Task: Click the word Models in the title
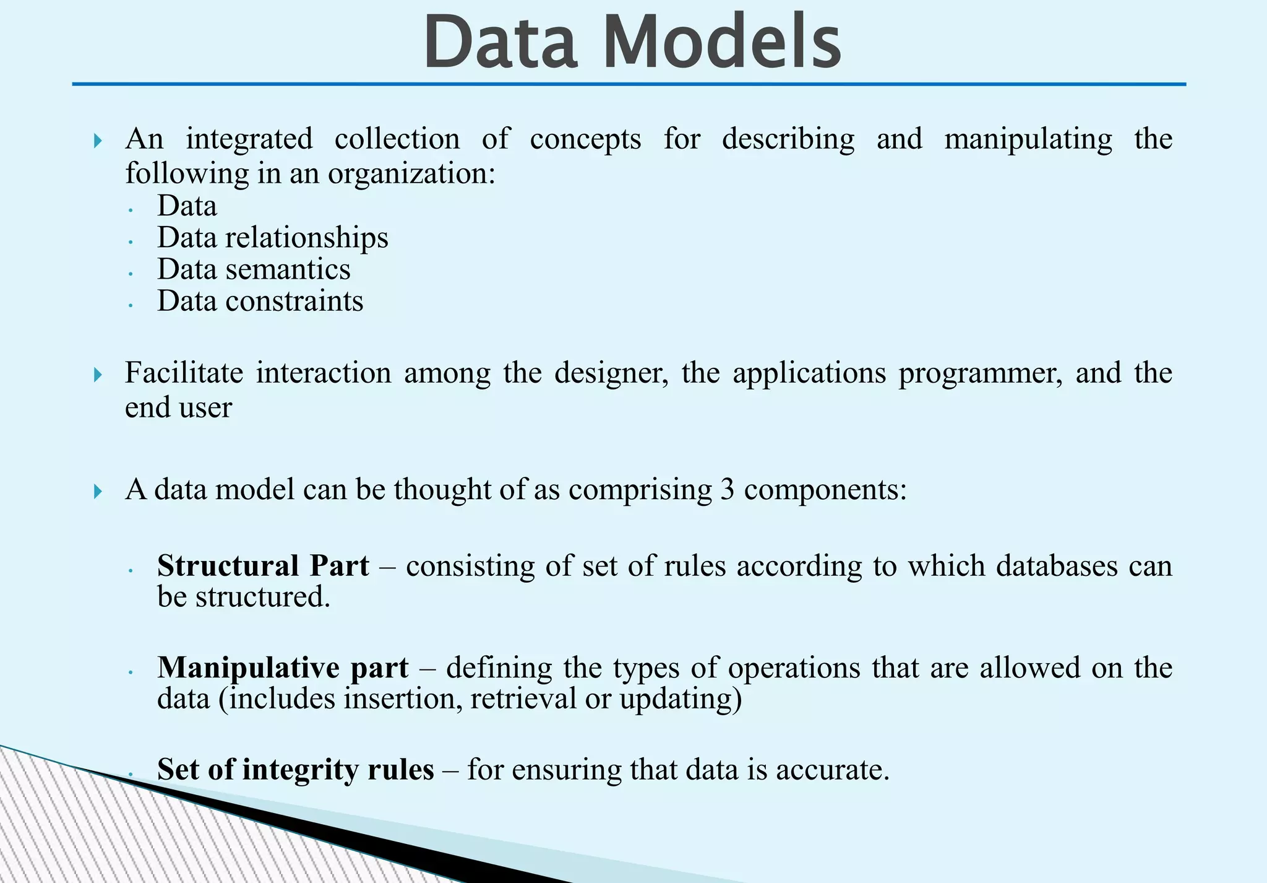(721, 42)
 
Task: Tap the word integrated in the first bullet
(249, 139)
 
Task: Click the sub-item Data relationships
(272, 238)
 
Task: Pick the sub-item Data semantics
(254, 269)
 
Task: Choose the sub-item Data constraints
(260, 302)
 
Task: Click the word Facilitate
(184, 373)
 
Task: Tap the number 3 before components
(727, 490)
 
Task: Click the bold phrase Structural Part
(263, 566)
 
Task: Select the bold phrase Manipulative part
(283, 668)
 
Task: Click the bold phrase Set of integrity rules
(295, 770)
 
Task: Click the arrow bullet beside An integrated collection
(98, 141)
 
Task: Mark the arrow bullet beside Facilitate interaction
(98, 375)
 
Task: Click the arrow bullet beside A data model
(98, 492)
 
